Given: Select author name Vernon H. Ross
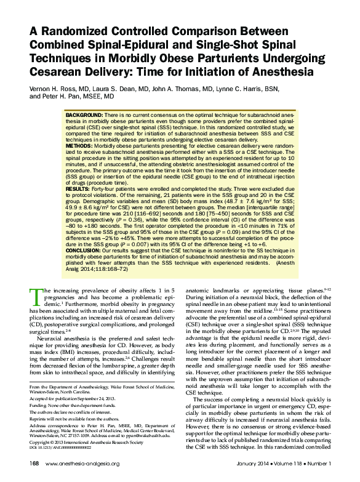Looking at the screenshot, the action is pos(60,89).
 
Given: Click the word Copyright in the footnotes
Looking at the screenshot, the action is pos(42,442).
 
